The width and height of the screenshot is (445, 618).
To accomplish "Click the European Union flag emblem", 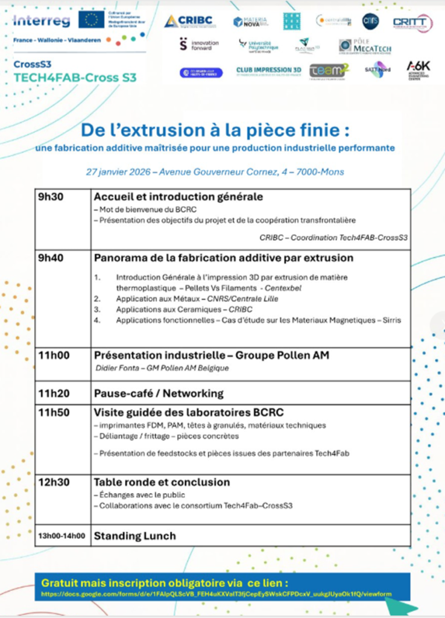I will [92, 20].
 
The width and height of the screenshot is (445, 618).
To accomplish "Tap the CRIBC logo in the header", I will [190, 21].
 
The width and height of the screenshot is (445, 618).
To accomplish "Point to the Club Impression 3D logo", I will [268, 71].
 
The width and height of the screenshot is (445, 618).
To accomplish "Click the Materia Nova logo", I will [250, 22].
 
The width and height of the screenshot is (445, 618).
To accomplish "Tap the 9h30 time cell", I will [50, 197].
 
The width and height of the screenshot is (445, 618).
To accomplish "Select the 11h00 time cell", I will [53, 355].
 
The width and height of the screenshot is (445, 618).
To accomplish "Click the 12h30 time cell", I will [53, 482].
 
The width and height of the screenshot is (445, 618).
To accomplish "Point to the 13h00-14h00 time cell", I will [62, 535].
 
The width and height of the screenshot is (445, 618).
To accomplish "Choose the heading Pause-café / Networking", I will [159, 393].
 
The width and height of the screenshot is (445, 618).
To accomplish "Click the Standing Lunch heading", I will [134, 535].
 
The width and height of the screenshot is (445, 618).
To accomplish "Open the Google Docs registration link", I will [216, 594].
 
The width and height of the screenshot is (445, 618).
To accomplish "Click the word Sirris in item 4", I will [391, 320].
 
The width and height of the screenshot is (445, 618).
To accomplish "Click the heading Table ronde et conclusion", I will [162, 482].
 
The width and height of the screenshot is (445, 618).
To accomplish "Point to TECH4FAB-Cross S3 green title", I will [75, 78].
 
